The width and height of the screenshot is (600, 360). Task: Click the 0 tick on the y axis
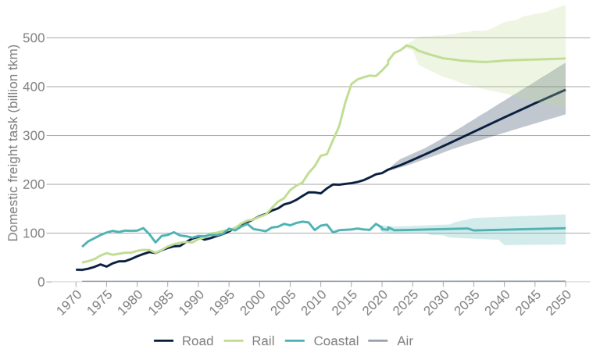[x=41, y=283]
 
